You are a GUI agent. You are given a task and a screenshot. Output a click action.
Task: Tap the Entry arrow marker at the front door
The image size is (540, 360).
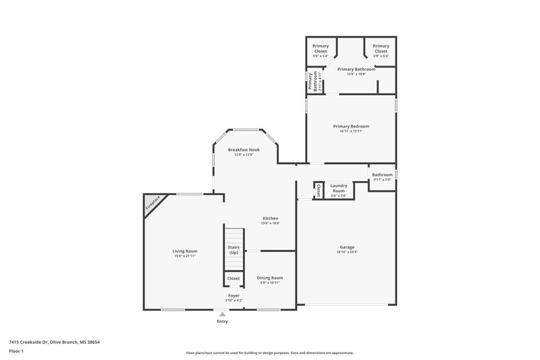tap(222, 313)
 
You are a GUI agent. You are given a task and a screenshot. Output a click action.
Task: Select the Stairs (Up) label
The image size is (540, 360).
tap(233, 250)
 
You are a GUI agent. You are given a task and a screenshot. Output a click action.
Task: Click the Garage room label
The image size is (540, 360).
tap(347, 247)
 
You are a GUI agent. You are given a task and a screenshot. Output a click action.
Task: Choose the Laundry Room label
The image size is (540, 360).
tap(338, 188)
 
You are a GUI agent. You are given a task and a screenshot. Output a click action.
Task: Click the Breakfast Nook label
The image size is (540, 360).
tap(244, 149)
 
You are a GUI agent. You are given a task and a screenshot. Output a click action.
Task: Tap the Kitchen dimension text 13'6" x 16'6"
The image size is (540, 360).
tap(271, 224)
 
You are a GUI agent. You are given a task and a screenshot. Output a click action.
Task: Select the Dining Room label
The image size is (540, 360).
tap(270, 278)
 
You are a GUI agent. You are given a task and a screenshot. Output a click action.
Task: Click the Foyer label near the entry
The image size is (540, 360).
tap(234, 295)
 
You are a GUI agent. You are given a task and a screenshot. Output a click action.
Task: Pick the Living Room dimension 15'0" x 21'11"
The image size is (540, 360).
tap(184, 256)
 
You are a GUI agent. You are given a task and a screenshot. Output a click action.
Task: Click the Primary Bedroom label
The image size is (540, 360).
tap(351, 126)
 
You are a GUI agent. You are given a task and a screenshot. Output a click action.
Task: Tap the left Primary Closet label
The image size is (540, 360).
tap(321, 49)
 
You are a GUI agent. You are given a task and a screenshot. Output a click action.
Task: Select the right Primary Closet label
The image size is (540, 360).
tap(381, 49)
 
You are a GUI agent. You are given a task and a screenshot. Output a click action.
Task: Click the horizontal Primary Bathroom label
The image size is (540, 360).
tap(356, 69)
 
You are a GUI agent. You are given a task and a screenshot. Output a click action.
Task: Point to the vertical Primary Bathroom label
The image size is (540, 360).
tap(313, 80)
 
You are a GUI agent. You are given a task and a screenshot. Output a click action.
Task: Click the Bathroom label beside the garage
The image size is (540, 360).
tap(382, 175)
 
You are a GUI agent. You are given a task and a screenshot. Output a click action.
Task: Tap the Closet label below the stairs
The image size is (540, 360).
tap(234, 278)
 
